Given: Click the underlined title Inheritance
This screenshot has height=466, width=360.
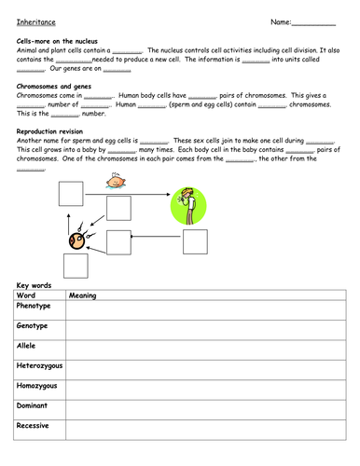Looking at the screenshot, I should [x=35, y=21].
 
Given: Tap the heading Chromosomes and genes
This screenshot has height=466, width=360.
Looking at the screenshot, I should [x=54, y=87].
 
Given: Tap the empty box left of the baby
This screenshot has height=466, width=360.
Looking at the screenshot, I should [x=71, y=193].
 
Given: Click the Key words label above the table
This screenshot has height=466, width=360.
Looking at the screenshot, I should [x=35, y=284].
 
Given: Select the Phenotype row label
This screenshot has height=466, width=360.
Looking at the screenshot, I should [x=35, y=305].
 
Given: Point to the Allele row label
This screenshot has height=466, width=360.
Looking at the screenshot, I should [x=27, y=346].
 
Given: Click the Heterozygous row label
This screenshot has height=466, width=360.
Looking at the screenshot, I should [x=40, y=366].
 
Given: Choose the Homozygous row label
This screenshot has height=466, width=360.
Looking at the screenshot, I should [x=37, y=386].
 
